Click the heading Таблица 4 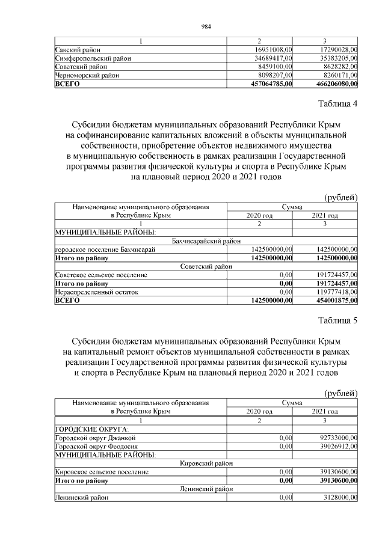[x=337, y=105]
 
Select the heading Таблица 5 [x=337, y=320]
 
